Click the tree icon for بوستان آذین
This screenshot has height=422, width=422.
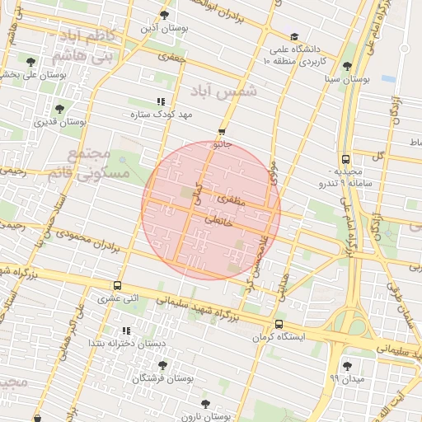[x=165, y=16]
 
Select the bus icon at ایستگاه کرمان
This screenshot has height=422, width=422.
[x=279, y=324]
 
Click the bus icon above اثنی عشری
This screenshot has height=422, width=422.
[x=117, y=285]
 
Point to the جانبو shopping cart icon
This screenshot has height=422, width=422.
[x=222, y=132]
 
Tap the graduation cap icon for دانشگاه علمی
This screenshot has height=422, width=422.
[x=294, y=36]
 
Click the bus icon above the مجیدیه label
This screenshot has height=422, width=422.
[x=345, y=160]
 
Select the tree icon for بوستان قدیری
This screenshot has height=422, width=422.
[x=59, y=109]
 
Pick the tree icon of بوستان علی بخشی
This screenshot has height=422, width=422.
[x=30, y=62]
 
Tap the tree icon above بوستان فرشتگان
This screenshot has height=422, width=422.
[x=162, y=363]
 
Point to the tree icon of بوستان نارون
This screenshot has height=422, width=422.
[x=204, y=404]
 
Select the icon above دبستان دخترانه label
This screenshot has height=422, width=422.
[x=126, y=331]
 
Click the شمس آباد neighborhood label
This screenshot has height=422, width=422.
[x=224, y=91]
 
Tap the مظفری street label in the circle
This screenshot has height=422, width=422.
[x=228, y=199]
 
